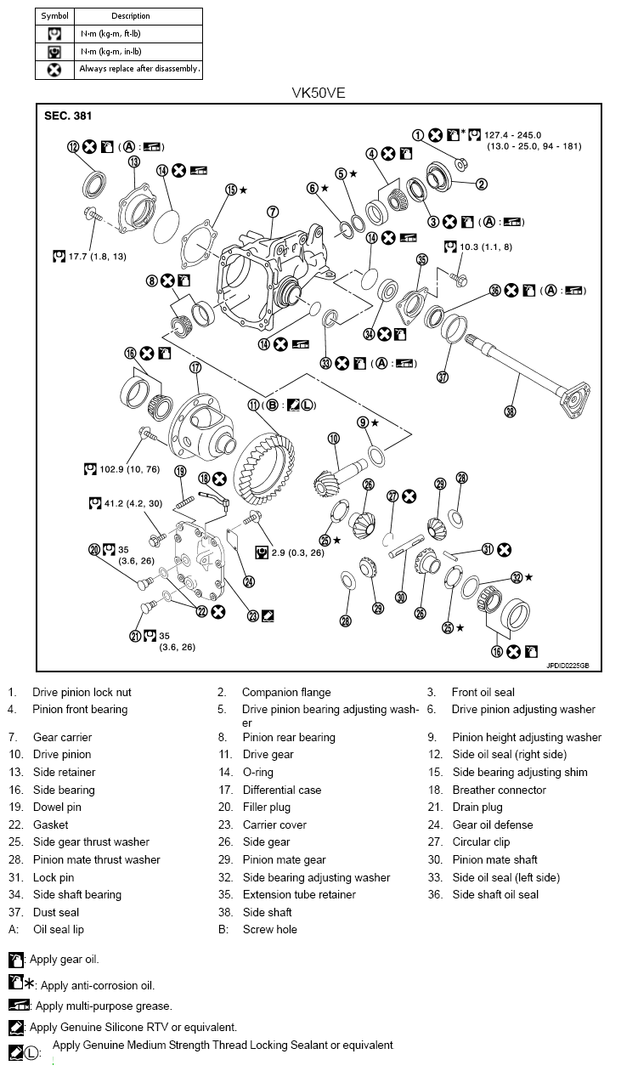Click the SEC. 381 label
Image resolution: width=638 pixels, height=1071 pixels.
pyautogui.click(x=68, y=116)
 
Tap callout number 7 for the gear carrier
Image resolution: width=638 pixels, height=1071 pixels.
pyautogui.click(x=273, y=212)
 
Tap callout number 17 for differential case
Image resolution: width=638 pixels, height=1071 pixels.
pyautogui.click(x=195, y=368)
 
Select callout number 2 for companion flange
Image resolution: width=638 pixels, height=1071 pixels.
pyautogui.click(x=481, y=184)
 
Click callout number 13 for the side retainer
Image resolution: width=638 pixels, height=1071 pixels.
pyautogui.click(x=134, y=161)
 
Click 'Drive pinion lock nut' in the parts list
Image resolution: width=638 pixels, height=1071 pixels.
pyautogui.click(x=82, y=692)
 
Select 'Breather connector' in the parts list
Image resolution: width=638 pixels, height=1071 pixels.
pyautogui.click(x=499, y=790)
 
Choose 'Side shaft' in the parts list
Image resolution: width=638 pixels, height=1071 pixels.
pyautogui.click(x=267, y=912)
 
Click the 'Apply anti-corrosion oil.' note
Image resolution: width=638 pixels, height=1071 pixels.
pyautogui.click(x=98, y=985)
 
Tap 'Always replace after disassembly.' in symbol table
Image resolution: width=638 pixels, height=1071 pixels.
pyautogui.click(x=140, y=69)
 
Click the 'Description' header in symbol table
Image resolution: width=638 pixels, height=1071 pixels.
pyautogui.click(x=131, y=15)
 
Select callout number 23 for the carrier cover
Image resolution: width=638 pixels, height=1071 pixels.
pyautogui.click(x=252, y=615)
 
